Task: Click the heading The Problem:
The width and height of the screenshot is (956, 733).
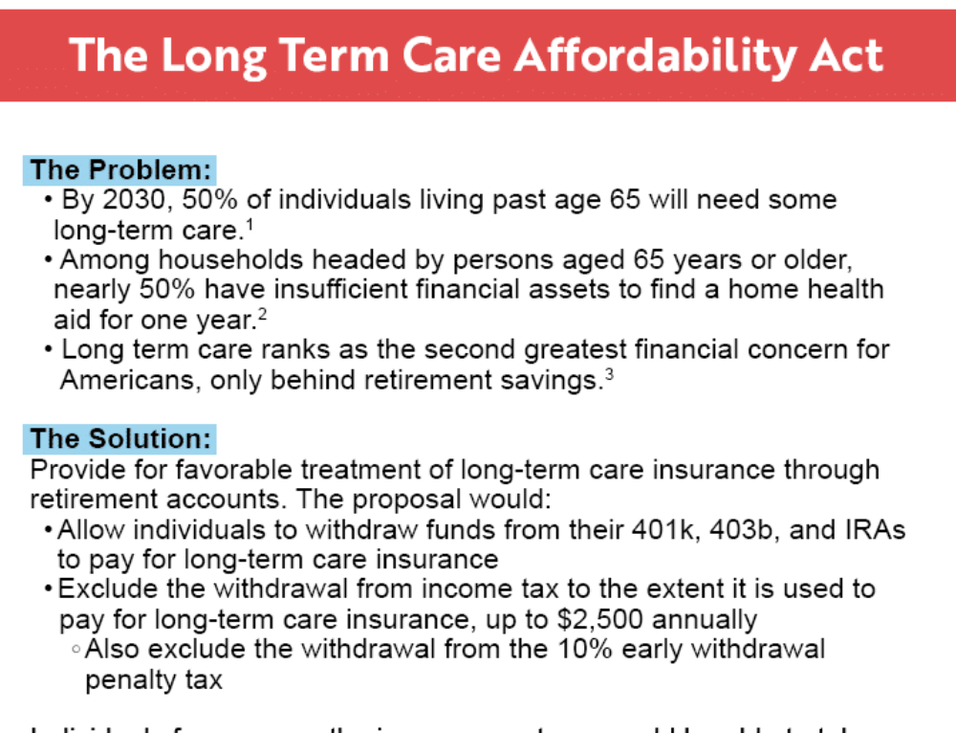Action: coord(120,170)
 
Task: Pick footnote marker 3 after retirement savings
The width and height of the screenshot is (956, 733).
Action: coord(609,373)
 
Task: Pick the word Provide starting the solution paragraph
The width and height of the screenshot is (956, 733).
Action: coord(76,470)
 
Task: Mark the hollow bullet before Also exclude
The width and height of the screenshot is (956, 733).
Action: coord(76,651)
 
